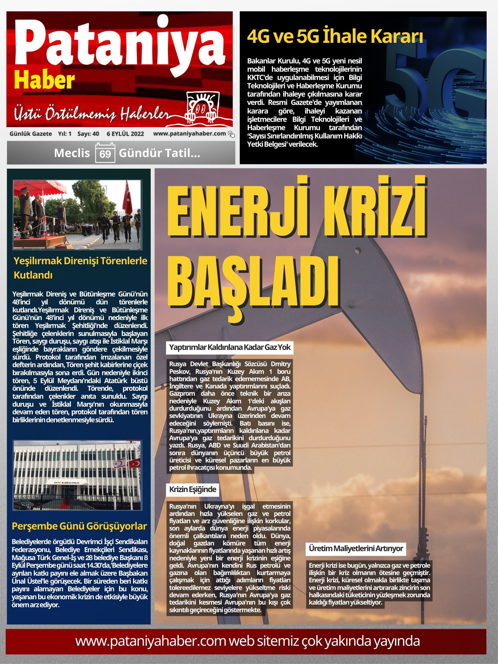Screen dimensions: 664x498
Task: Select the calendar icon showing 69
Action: tap(105, 153)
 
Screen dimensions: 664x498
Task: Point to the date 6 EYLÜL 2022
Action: tap(125, 134)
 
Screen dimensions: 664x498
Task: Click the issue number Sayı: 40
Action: tap(88, 134)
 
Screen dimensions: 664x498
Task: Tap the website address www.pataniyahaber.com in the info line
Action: tap(189, 133)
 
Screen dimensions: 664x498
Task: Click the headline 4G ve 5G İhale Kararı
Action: tap(335, 37)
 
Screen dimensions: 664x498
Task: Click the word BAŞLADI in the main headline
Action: tap(254, 282)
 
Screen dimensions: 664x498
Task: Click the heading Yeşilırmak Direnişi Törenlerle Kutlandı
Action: tap(80, 268)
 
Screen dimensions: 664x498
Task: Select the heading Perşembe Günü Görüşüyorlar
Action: tap(79, 526)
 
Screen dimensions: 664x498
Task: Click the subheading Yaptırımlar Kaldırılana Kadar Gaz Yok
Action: tap(230, 348)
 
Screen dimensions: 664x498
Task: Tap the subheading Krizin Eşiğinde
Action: tap(193, 489)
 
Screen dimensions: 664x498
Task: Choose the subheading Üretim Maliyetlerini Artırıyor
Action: tap(356, 548)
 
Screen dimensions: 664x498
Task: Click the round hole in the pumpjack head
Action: tap(358, 250)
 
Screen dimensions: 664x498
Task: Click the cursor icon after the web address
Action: tap(231, 134)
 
